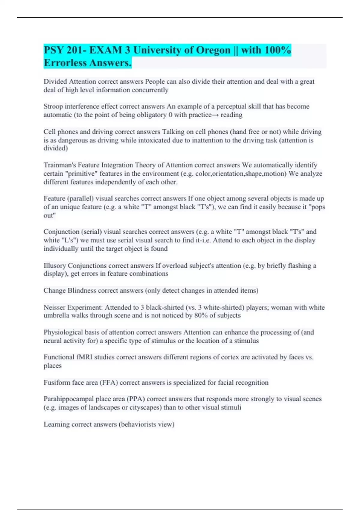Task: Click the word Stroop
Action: click(53, 106)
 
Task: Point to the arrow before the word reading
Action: click(216, 115)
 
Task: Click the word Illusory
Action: click(55, 265)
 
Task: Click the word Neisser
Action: click(54, 307)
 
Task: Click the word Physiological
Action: click(63, 332)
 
